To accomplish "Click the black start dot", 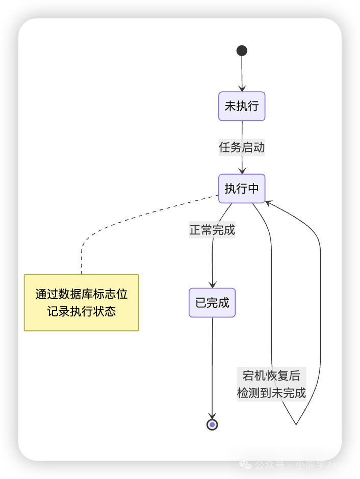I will [x=242, y=50].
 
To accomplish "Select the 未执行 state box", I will [x=242, y=106].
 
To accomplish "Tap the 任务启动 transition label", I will [x=242, y=148].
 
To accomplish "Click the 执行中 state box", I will [x=242, y=189].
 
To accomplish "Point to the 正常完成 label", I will [x=212, y=230].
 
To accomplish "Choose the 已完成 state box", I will [x=212, y=303].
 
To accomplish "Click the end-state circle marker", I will [x=212, y=424].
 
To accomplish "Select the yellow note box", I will [x=82, y=303].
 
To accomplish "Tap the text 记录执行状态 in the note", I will [x=82, y=311].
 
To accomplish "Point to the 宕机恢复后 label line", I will [x=271, y=376].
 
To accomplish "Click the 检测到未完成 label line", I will [x=271, y=393].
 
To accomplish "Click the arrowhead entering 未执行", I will [x=242, y=88].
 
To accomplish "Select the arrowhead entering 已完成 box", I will [x=212, y=285].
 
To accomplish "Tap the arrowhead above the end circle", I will [x=212, y=416].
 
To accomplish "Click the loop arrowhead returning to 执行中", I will [x=269, y=203].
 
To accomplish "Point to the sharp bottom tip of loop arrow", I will [x=296, y=424].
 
